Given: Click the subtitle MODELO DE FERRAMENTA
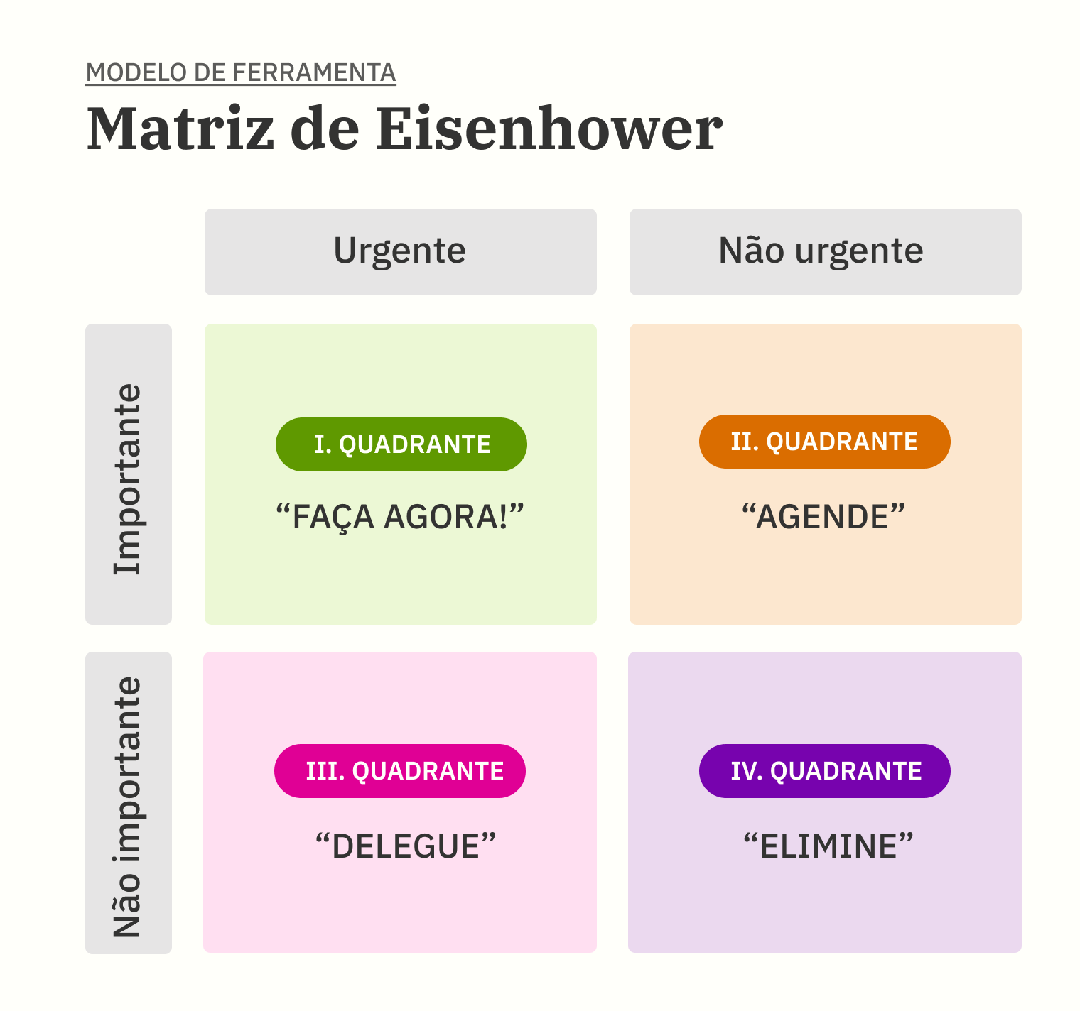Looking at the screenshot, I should pos(240,72).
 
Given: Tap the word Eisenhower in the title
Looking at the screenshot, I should pos(549,129).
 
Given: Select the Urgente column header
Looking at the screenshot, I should pos(400,251).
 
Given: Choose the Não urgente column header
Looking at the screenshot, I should pos(825,251).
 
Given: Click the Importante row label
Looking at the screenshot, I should pos(129,479).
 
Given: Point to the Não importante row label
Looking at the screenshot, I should pos(129,807).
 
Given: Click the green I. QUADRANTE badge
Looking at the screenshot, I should pos(401,444).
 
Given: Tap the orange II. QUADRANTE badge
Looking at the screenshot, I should pos(825,442).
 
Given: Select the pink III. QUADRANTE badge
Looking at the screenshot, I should pos(400,771).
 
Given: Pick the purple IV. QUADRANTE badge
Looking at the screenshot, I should pos(825,771).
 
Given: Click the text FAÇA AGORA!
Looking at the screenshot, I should pos(400,517).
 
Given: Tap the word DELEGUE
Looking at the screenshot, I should pos(406,846).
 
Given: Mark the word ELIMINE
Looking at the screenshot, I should pos(828,846).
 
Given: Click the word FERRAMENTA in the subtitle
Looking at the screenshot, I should pos(314,72).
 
